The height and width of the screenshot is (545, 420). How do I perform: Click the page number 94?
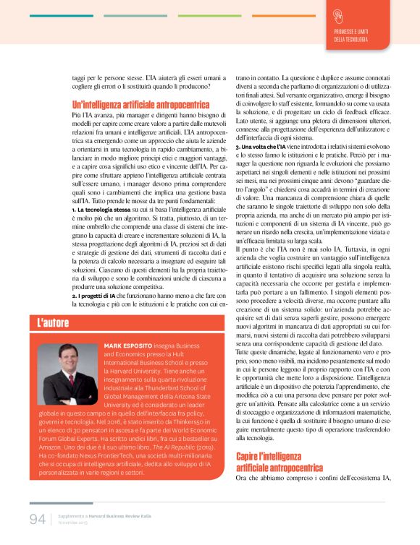click(38, 520)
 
